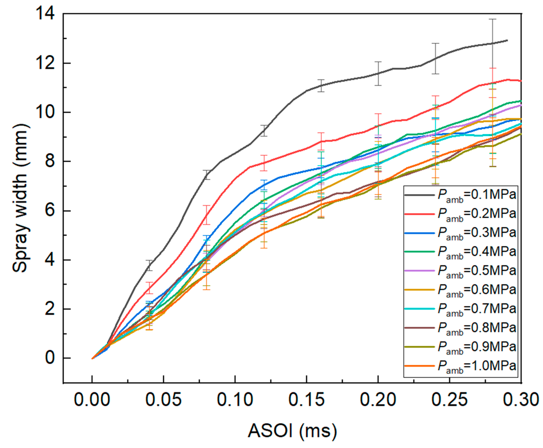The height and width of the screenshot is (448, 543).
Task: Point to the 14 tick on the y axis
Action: tap(46, 13)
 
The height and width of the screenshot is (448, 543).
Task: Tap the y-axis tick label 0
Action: tap(49, 358)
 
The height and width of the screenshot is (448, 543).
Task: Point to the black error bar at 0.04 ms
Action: tap(149, 265)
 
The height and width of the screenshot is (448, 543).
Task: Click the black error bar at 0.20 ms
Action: tap(378, 73)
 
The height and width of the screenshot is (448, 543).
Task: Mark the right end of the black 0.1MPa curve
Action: tap(507, 40)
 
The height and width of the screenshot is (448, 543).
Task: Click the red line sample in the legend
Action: tap(419, 214)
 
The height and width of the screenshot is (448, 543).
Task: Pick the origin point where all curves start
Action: tap(92, 358)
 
